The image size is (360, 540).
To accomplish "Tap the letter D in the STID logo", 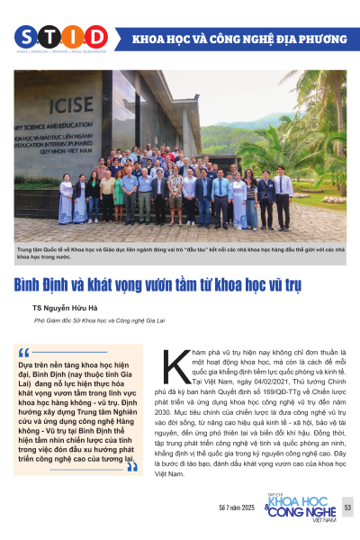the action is coord(96,37).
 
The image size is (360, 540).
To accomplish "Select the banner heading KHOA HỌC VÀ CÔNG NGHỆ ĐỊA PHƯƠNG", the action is coord(239,40).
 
